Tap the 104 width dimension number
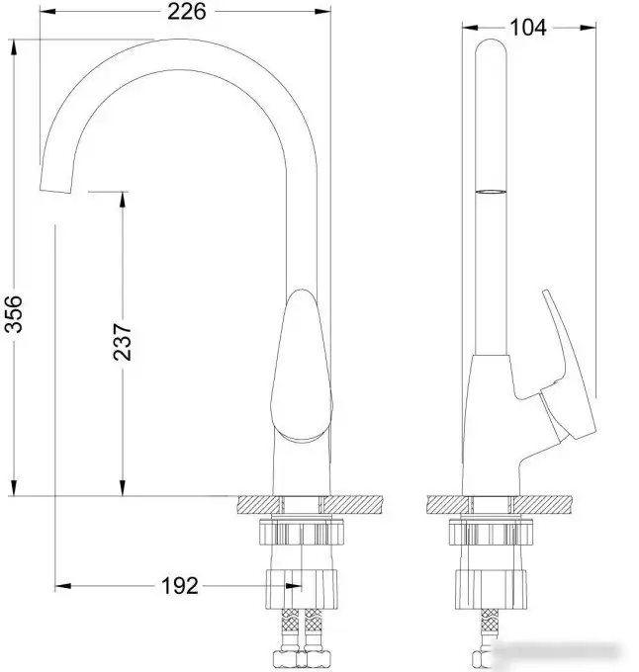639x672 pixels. (x=529, y=27)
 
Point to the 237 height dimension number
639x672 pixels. (x=123, y=340)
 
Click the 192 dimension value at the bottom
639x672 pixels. (x=179, y=586)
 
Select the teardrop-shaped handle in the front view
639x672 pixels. (x=301, y=366)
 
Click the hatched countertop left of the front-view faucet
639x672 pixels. (x=255, y=505)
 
